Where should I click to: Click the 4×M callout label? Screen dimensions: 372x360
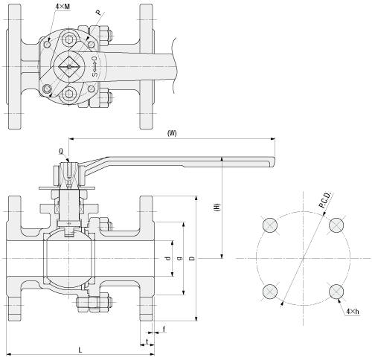click(62, 7)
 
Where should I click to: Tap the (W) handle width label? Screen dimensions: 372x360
click(172, 133)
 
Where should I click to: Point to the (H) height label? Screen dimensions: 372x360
click(217, 207)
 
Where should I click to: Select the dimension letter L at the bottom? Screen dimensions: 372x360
click(80, 350)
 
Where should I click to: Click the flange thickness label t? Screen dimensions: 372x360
click(147, 341)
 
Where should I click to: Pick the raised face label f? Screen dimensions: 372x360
click(164, 329)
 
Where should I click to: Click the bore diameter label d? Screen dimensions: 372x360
click(168, 258)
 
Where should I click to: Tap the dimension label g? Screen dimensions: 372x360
click(180, 258)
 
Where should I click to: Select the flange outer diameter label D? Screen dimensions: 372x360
click(192, 258)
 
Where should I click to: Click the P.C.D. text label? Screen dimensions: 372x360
click(325, 200)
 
